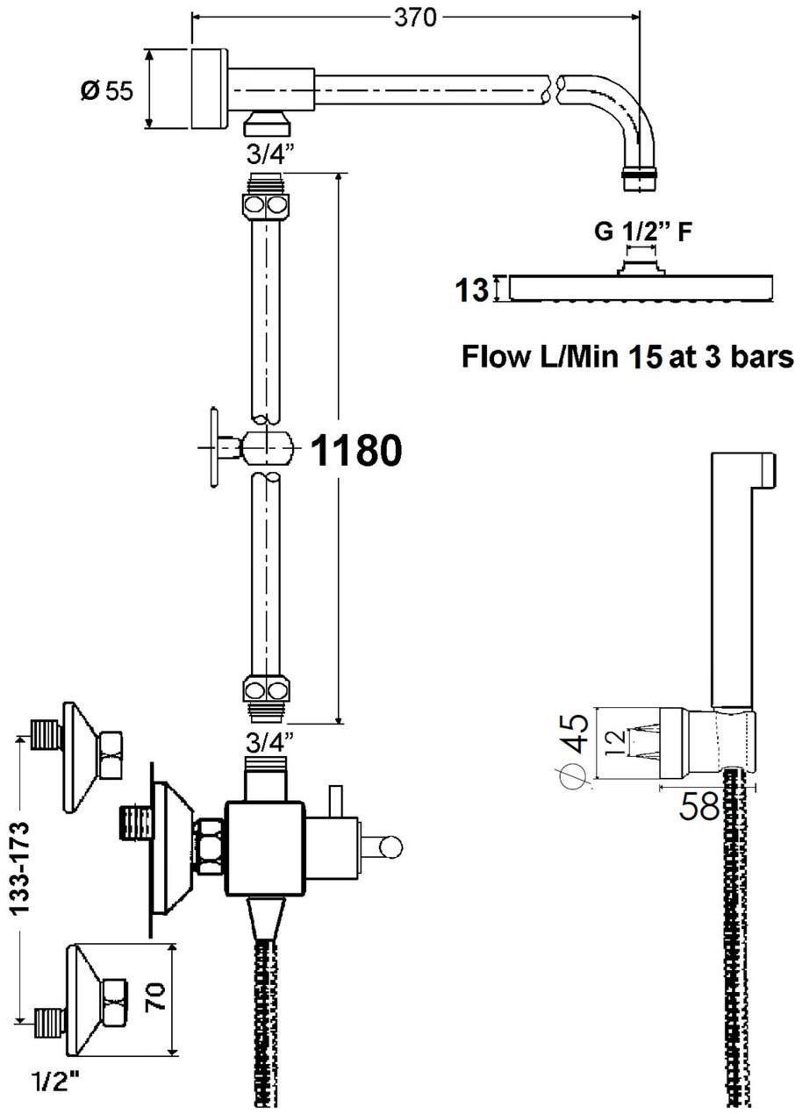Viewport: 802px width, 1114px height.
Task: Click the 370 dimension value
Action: tap(415, 19)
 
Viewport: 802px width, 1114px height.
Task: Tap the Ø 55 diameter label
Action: tap(107, 91)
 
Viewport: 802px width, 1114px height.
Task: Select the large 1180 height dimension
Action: tap(356, 450)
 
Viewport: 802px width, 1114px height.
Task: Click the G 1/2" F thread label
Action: tap(642, 232)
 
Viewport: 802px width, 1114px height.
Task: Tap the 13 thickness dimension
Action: tap(472, 289)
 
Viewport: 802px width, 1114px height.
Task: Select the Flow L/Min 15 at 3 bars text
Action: tap(628, 357)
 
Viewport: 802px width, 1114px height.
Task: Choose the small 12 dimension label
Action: tap(616, 743)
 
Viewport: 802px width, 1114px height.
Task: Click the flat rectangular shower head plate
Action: tap(641, 288)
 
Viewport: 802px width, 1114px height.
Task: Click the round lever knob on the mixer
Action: tap(391, 847)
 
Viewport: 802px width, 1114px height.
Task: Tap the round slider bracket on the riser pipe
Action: tap(267, 447)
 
